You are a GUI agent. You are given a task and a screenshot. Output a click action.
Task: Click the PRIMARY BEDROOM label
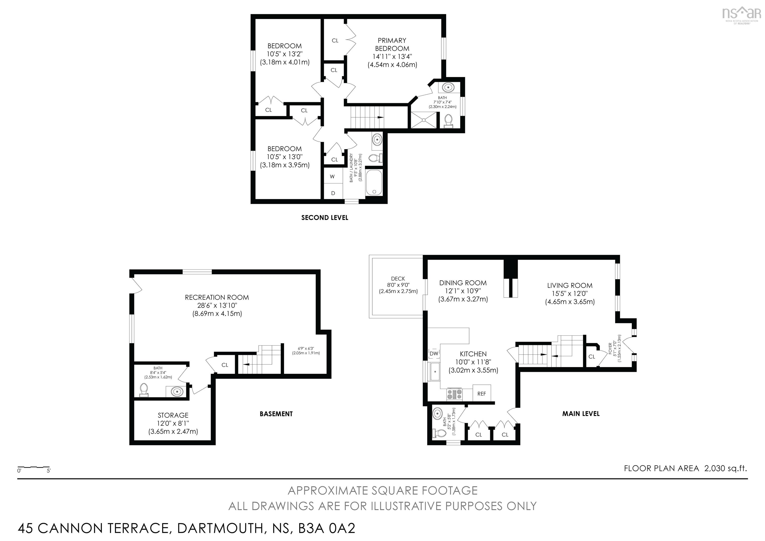[392, 44]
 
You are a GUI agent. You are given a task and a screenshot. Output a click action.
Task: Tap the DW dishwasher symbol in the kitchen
[434, 353]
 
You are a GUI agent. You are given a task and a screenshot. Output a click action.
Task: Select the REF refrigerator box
[481, 393]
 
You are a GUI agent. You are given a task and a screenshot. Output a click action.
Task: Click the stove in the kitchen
[454, 394]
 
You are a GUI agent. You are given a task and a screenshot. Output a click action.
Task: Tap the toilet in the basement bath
[144, 390]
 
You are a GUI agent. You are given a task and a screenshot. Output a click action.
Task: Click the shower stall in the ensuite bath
[423, 120]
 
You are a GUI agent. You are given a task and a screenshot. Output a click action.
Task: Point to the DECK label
[398, 278]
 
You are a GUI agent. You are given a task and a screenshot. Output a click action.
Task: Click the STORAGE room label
[173, 415]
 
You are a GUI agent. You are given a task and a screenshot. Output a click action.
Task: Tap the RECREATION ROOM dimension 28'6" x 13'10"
[217, 305]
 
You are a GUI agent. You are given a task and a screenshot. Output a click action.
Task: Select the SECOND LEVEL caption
[324, 218]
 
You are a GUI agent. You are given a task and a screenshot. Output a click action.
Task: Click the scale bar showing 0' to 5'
[33, 468]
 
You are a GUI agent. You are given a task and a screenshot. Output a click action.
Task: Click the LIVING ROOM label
[570, 285]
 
